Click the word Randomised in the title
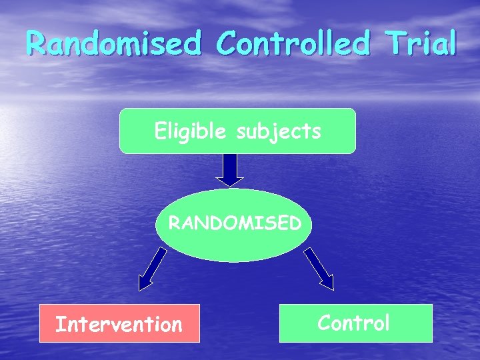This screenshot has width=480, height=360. [113, 44]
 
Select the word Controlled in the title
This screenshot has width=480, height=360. [293, 44]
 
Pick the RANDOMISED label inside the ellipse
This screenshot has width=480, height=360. [234, 223]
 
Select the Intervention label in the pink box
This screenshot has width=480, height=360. [119, 325]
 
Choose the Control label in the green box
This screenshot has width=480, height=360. [353, 323]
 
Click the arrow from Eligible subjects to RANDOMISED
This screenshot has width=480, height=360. [230, 169]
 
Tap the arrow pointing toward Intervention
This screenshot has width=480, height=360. [153, 269]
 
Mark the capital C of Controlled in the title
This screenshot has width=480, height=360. [229, 44]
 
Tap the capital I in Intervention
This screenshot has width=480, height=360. [59, 325]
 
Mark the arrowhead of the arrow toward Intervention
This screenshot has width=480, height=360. [145, 282]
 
